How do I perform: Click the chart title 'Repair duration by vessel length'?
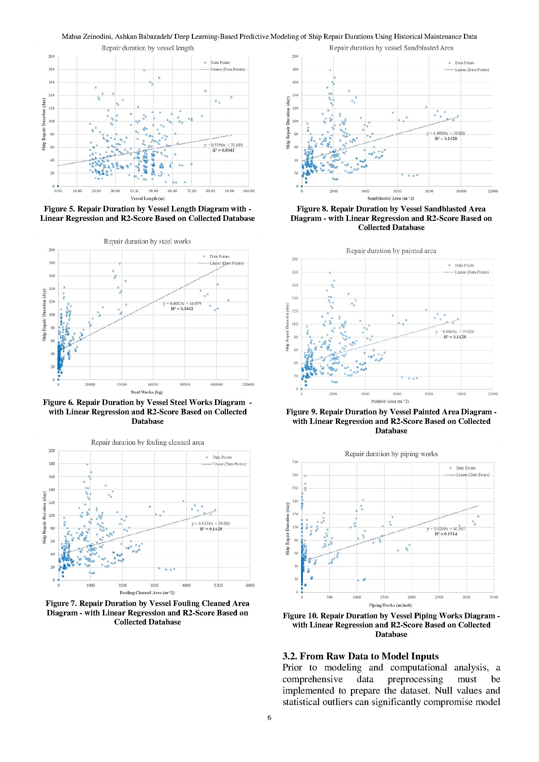click(147, 48)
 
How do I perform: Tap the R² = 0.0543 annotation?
click(223, 150)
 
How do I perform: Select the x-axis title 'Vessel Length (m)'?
click(148, 198)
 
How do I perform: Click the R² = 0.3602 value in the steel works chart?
click(182, 309)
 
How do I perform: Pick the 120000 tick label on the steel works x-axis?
click(248, 385)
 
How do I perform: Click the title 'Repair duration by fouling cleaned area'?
click(147, 442)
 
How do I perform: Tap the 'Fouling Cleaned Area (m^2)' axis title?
click(147, 592)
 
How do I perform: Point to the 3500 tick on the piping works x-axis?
click(493, 597)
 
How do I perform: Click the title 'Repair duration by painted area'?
click(391, 251)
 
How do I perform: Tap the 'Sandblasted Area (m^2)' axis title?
click(391, 198)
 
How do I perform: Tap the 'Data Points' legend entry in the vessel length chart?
click(220, 63)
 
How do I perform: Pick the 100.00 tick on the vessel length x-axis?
click(248, 191)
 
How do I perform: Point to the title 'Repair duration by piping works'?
click(391, 454)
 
